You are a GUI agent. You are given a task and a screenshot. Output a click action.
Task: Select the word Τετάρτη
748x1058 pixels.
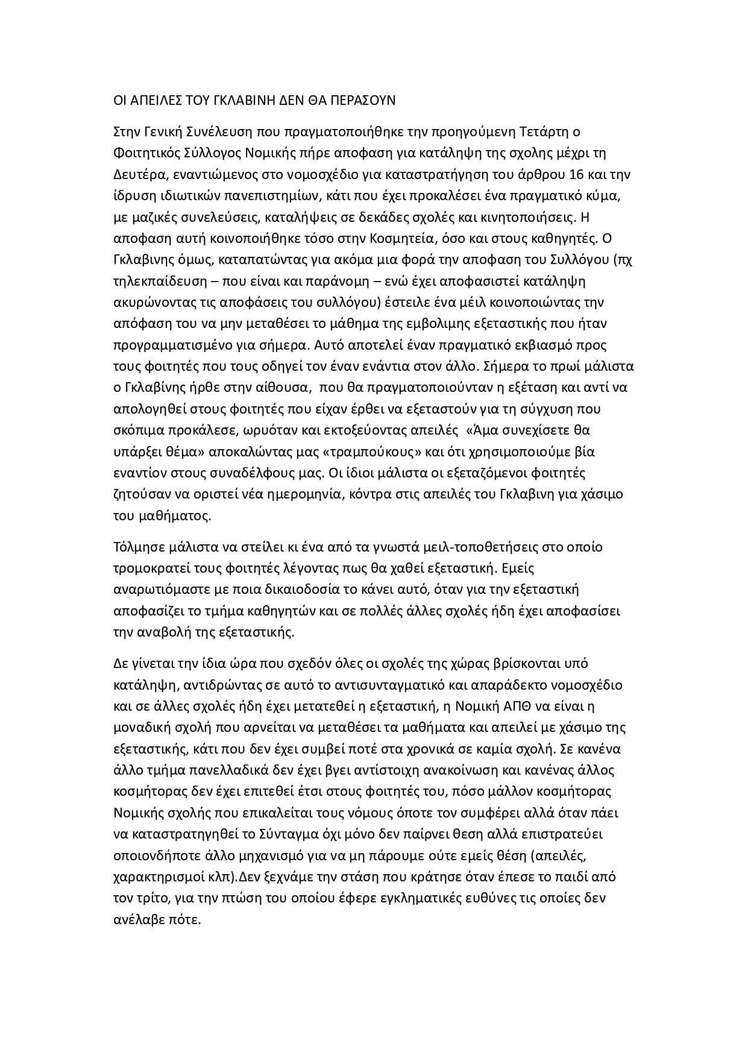(541, 131)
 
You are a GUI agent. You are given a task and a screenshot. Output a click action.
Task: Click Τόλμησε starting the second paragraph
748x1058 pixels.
(138, 547)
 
